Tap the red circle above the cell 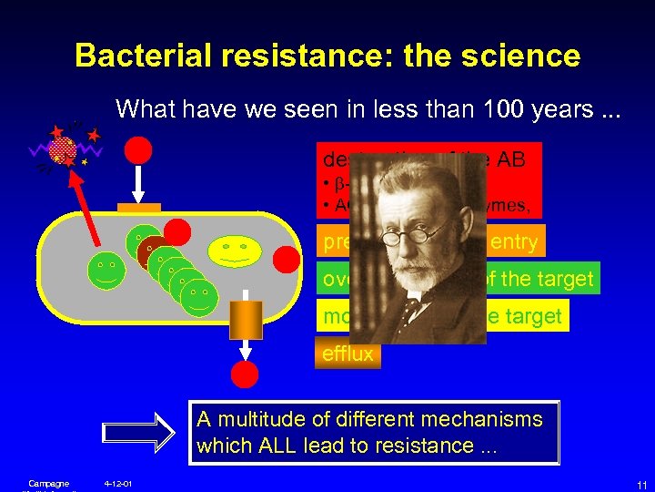138,149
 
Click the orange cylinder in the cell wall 245,320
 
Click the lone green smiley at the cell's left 107,271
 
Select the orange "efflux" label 347,354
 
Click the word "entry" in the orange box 514,242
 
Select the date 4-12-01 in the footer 118,483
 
